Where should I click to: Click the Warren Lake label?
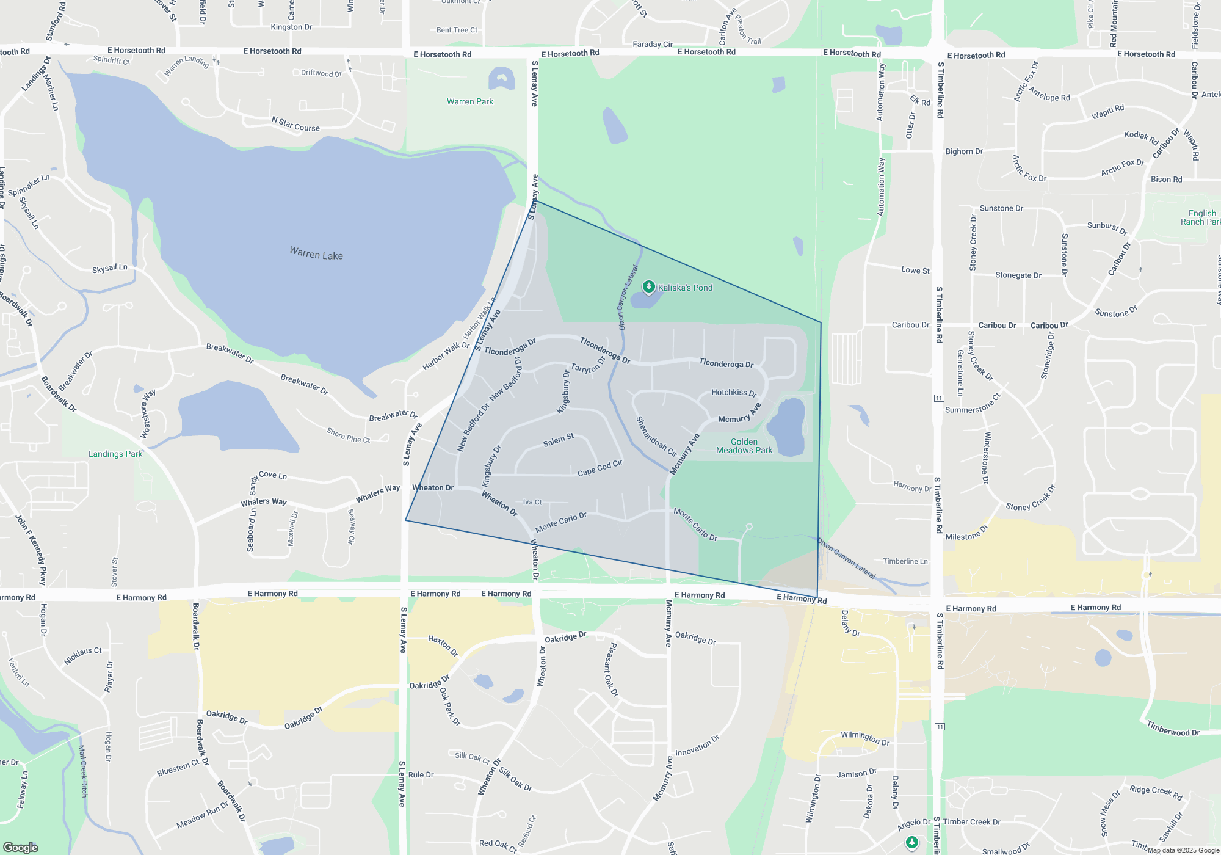(316, 253)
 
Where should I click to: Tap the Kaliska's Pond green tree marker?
(648, 286)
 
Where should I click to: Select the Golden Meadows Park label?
(744, 446)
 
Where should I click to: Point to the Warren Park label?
(469, 101)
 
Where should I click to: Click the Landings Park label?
(115, 454)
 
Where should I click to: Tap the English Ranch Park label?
(1200, 217)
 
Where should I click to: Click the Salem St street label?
(559, 440)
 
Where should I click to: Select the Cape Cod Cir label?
(600, 468)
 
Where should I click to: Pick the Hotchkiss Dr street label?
(734, 393)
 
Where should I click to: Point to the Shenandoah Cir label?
(656, 437)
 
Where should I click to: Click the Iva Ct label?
(532, 502)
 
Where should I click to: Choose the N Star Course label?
(295, 124)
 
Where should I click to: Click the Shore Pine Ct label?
(348, 435)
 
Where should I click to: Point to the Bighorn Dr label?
(964, 151)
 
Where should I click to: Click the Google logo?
(21, 847)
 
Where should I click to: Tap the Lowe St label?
(915, 270)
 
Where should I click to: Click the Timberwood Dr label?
(1172, 729)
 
